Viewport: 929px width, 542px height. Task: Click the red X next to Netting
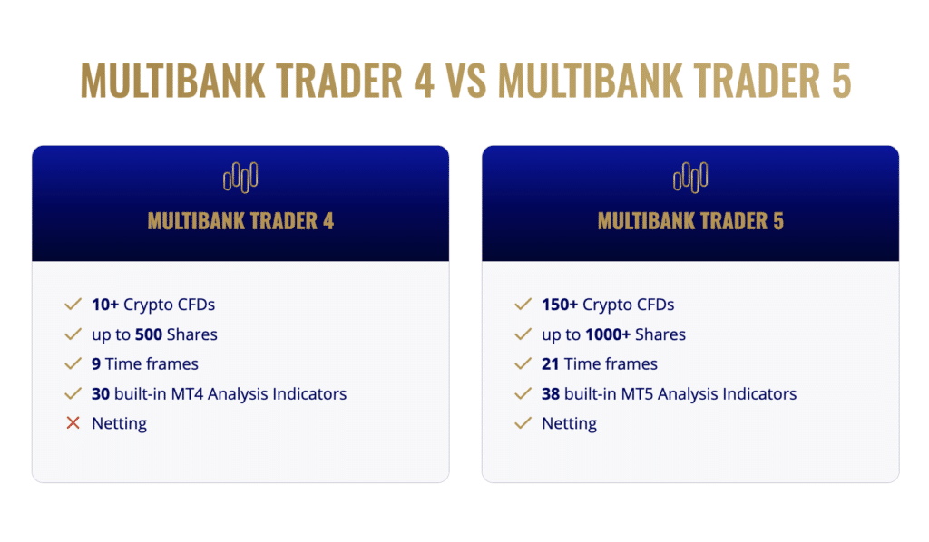click(x=73, y=423)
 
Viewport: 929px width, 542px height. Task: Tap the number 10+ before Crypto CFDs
click(x=105, y=305)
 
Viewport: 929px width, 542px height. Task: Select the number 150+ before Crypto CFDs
click(x=560, y=305)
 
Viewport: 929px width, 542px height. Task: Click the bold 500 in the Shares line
click(x=149, y=334)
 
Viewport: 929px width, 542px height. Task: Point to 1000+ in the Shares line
click(x=608, y=334)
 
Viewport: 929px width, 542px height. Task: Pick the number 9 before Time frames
click(x=96, y=364)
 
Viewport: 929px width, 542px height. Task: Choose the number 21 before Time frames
click(x=551, y=364)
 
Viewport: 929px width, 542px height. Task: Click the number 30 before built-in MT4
click(x=101, y=394)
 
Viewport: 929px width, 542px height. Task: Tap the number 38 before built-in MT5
click(x=551, y=394)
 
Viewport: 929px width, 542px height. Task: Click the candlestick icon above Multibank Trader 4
click(x=240, y=177)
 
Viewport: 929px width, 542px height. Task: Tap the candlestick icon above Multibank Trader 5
click(x=690, y=177)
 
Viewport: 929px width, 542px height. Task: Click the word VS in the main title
click(x=465, y=82)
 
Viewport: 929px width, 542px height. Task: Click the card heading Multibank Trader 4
click(x=240, y=221)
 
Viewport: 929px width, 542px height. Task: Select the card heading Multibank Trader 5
click(x=690, y=221)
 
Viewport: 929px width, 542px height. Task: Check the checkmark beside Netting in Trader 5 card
click(x=523, y=423)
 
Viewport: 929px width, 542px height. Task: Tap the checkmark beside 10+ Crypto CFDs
click(x=73, y=305)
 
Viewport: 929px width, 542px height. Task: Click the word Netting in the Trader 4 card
click(x=119, y=423)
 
